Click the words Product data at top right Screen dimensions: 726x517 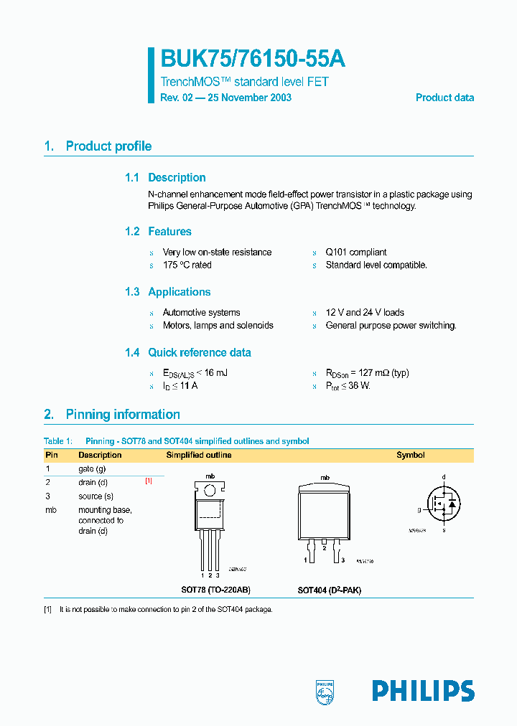pyautogui.click(x=444, y=98)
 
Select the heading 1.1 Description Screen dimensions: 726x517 pyautogui.click(x=165, y=178)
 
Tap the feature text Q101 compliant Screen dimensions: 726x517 pyautogui.click(x=356, y=253)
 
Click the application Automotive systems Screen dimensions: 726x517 pyautogui.click(x=201, y=313)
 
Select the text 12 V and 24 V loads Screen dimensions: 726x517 pyautogui.click(x=365, y=313)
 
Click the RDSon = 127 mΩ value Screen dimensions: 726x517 pyautogui.click(x=367, y=373)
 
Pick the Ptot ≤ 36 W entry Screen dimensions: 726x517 pyautogui.click(x=350, y=386)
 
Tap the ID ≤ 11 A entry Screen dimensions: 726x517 pyautogui.click(x=180, y=386)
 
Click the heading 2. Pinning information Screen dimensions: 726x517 pyautogui.click(x=112, y=415)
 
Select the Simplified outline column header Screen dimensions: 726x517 pyautogui.click(x=199, y=456)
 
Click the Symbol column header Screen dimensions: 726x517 pyautogui.click(x=411, y=456)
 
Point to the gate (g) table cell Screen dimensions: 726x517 pyautogui.click(x=92, y=468)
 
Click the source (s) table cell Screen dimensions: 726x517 pyautogui.click(x=96, y=496)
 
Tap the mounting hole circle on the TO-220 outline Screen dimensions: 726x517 pyautogui.click(x=210, y=491)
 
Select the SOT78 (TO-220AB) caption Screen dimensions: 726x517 pyautogui.click(x=215, y=590)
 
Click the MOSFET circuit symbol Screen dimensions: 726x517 pyautogui.click(x=443, y=504)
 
